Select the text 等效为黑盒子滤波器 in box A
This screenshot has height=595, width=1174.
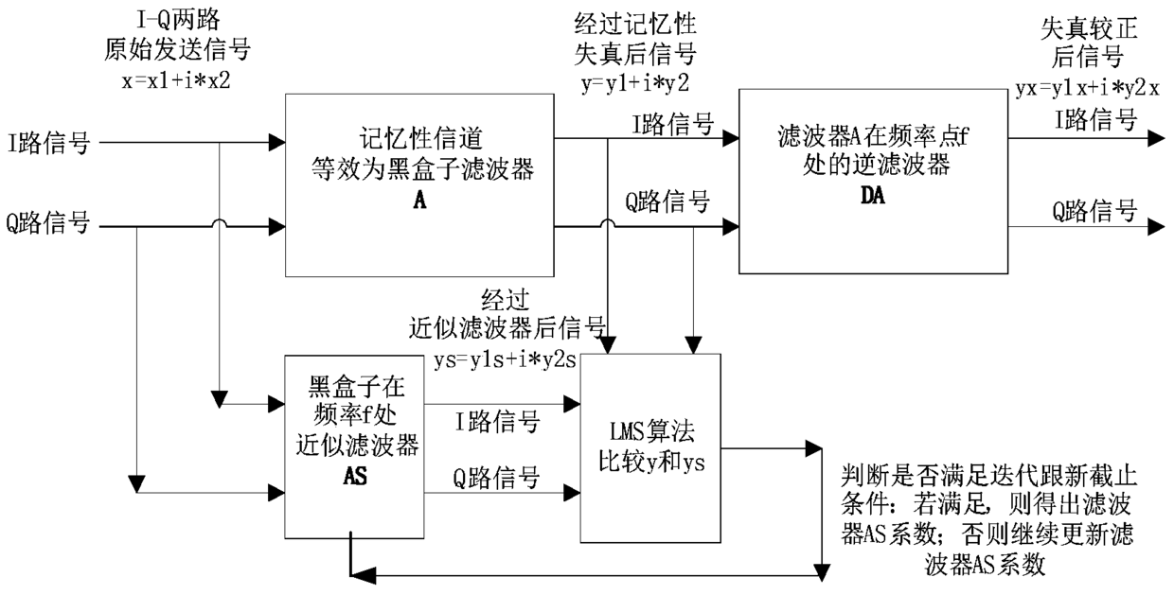click(x=418, y=170)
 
